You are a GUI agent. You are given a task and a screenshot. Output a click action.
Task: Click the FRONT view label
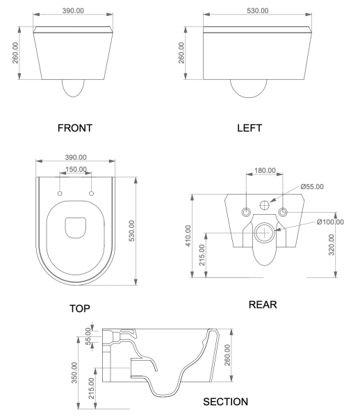75,128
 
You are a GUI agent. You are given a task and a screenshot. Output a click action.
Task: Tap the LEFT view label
249,128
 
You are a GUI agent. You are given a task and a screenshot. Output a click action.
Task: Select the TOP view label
80,309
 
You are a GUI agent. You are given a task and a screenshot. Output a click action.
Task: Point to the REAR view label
263,304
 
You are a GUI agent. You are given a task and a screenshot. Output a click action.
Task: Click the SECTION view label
225,402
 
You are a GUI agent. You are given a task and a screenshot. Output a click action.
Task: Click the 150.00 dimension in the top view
76,170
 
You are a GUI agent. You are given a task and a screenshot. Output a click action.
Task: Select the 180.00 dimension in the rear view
265,170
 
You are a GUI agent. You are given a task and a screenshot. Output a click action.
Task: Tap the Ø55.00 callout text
312,187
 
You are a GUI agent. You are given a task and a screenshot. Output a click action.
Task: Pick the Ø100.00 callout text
331,222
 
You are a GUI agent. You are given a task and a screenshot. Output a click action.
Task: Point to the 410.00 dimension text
188,236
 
